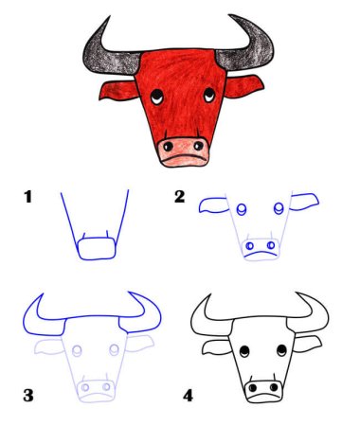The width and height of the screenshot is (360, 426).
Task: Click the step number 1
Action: click(x=28, y=197)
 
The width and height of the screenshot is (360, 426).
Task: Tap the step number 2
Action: click(x=180, y=197)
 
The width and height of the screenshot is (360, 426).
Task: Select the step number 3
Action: click(x=28, y=395)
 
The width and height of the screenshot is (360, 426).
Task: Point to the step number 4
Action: click(x=189, y=396)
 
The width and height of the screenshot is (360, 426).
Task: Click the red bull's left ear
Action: click(x=117, y=90)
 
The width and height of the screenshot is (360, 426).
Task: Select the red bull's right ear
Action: click(x=243, y=86)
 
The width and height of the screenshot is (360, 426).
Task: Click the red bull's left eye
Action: click(x=157, y=97)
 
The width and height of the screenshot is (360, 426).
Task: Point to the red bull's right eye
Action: click(x=209, y=94)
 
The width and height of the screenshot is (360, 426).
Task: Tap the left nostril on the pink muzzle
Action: click(x=169, y=146)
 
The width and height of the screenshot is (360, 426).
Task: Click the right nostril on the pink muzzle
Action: click(x=199, y=146)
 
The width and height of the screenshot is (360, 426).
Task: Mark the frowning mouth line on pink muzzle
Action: click(x=185, y=156)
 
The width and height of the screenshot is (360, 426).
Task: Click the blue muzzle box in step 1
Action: click(x=97, y=249)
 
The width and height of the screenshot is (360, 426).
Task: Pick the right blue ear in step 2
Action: click(x=304, y=202)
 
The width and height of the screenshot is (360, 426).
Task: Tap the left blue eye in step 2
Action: click(x=242, y=209)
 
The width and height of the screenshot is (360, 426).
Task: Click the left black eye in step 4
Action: click(x=244, y=351)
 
